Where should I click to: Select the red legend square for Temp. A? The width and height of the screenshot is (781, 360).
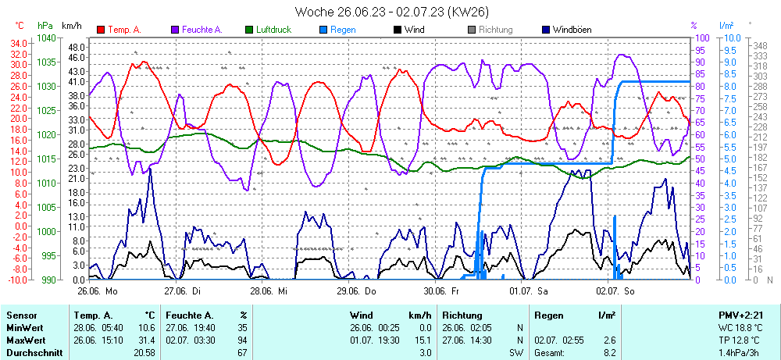[101, 30]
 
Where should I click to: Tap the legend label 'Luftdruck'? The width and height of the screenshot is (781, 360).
[274, 30]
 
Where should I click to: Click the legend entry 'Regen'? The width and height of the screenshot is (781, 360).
[343, 30]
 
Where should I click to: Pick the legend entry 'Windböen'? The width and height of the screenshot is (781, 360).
[572, 30]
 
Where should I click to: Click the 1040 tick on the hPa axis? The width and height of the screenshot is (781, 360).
[47, 37]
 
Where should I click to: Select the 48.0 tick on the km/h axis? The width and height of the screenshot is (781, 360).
[77, 47]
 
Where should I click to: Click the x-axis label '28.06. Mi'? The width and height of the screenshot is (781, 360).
[269, 290]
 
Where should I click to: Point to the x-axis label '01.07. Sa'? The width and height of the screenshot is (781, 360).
[530, 290]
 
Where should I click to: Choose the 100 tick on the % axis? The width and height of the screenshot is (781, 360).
[701, 37]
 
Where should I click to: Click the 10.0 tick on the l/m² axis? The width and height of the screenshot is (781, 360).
[733, 37]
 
